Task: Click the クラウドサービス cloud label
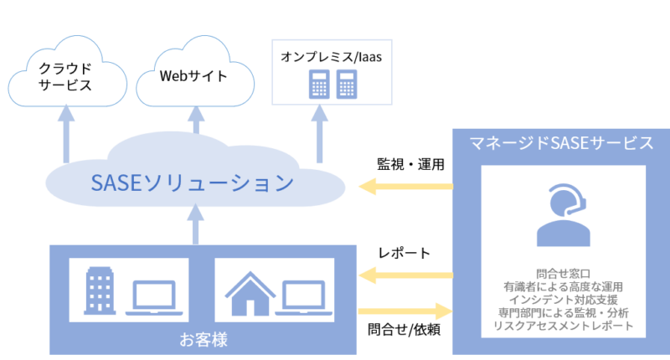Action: click(65, 76)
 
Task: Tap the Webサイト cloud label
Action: click(193, 76)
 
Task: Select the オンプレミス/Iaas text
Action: click(331, 57)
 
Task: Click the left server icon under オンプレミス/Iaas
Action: click(319, 84)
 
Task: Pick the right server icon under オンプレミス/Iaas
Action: click(347, 84)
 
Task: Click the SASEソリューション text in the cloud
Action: click(193, 183)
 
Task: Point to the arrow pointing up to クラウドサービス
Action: click(66, 134)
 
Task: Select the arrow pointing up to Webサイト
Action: click(196, 120)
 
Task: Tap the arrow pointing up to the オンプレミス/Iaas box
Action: click(319, 134)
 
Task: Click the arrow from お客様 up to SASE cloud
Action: click(195, 224)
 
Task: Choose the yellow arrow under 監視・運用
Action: click(405, 186)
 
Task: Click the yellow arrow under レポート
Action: click(405, 275)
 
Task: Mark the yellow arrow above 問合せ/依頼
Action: click(405, 311)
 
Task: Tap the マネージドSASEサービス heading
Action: click(561, 143)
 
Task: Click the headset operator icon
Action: click(563, 215)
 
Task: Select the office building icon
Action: click(100, 291)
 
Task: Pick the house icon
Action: click(250, 293)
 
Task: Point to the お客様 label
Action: click(204, 340)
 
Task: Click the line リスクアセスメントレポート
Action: click(563, 326)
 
